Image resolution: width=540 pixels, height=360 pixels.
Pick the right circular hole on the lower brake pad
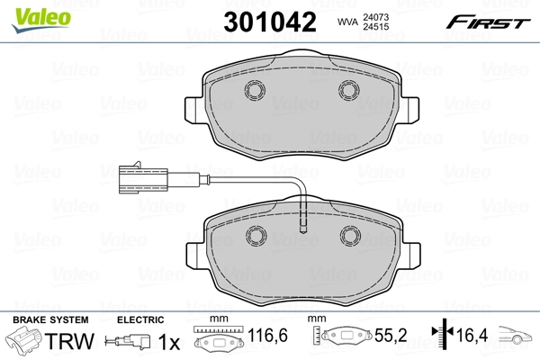347,236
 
